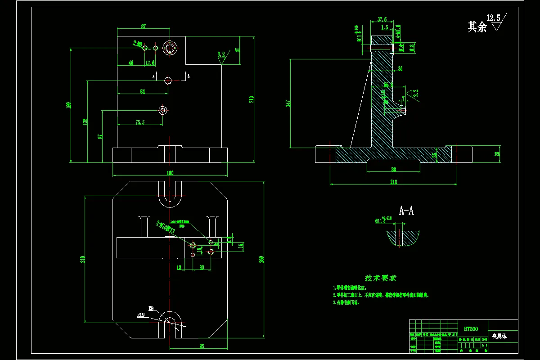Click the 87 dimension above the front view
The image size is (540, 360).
144,27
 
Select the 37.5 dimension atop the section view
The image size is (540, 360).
382,20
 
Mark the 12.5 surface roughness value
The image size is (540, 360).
493,18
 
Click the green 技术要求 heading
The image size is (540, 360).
381,279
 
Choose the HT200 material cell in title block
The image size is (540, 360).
471,329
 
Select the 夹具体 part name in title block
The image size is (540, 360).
499,336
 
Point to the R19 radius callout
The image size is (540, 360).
141,315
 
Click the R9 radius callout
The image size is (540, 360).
151,308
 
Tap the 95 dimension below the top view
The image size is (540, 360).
201,346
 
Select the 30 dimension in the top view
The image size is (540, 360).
202,267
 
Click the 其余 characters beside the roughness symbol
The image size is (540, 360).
477,27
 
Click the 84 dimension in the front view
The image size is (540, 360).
143,91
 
